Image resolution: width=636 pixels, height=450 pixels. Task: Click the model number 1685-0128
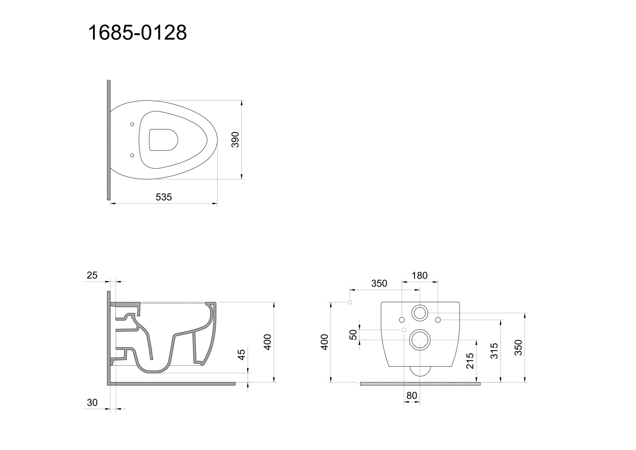(137, 33)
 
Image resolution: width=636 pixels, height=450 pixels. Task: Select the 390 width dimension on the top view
(235, 140)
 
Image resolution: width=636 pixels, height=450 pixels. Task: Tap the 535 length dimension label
(164, 197)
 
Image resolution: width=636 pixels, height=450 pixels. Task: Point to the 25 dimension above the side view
(92, 275)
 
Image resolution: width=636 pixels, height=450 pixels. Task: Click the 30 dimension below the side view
(92, 402)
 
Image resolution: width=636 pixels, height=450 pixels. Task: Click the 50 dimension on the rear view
(353, 335)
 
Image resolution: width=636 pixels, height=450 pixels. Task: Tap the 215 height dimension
(470, 361)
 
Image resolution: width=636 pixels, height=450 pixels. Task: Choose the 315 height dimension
(494, 351)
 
